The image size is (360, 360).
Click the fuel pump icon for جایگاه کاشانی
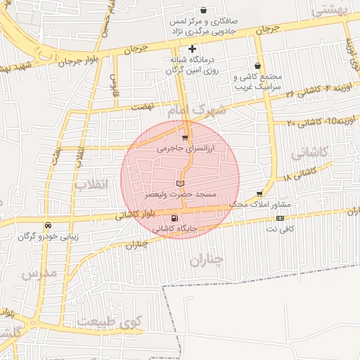point(174,218)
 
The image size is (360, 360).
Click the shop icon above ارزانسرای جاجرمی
point(185,138)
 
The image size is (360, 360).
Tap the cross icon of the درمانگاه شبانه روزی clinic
point(191,49)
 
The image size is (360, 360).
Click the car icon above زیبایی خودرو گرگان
point(47,226)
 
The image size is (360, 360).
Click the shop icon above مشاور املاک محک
point(260,193)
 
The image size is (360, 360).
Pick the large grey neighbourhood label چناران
point(207,260)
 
